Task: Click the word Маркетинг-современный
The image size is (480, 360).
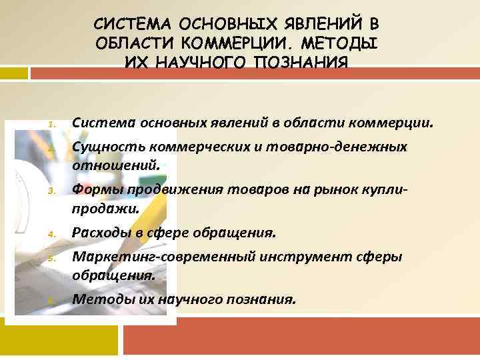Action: pos(163,257)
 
